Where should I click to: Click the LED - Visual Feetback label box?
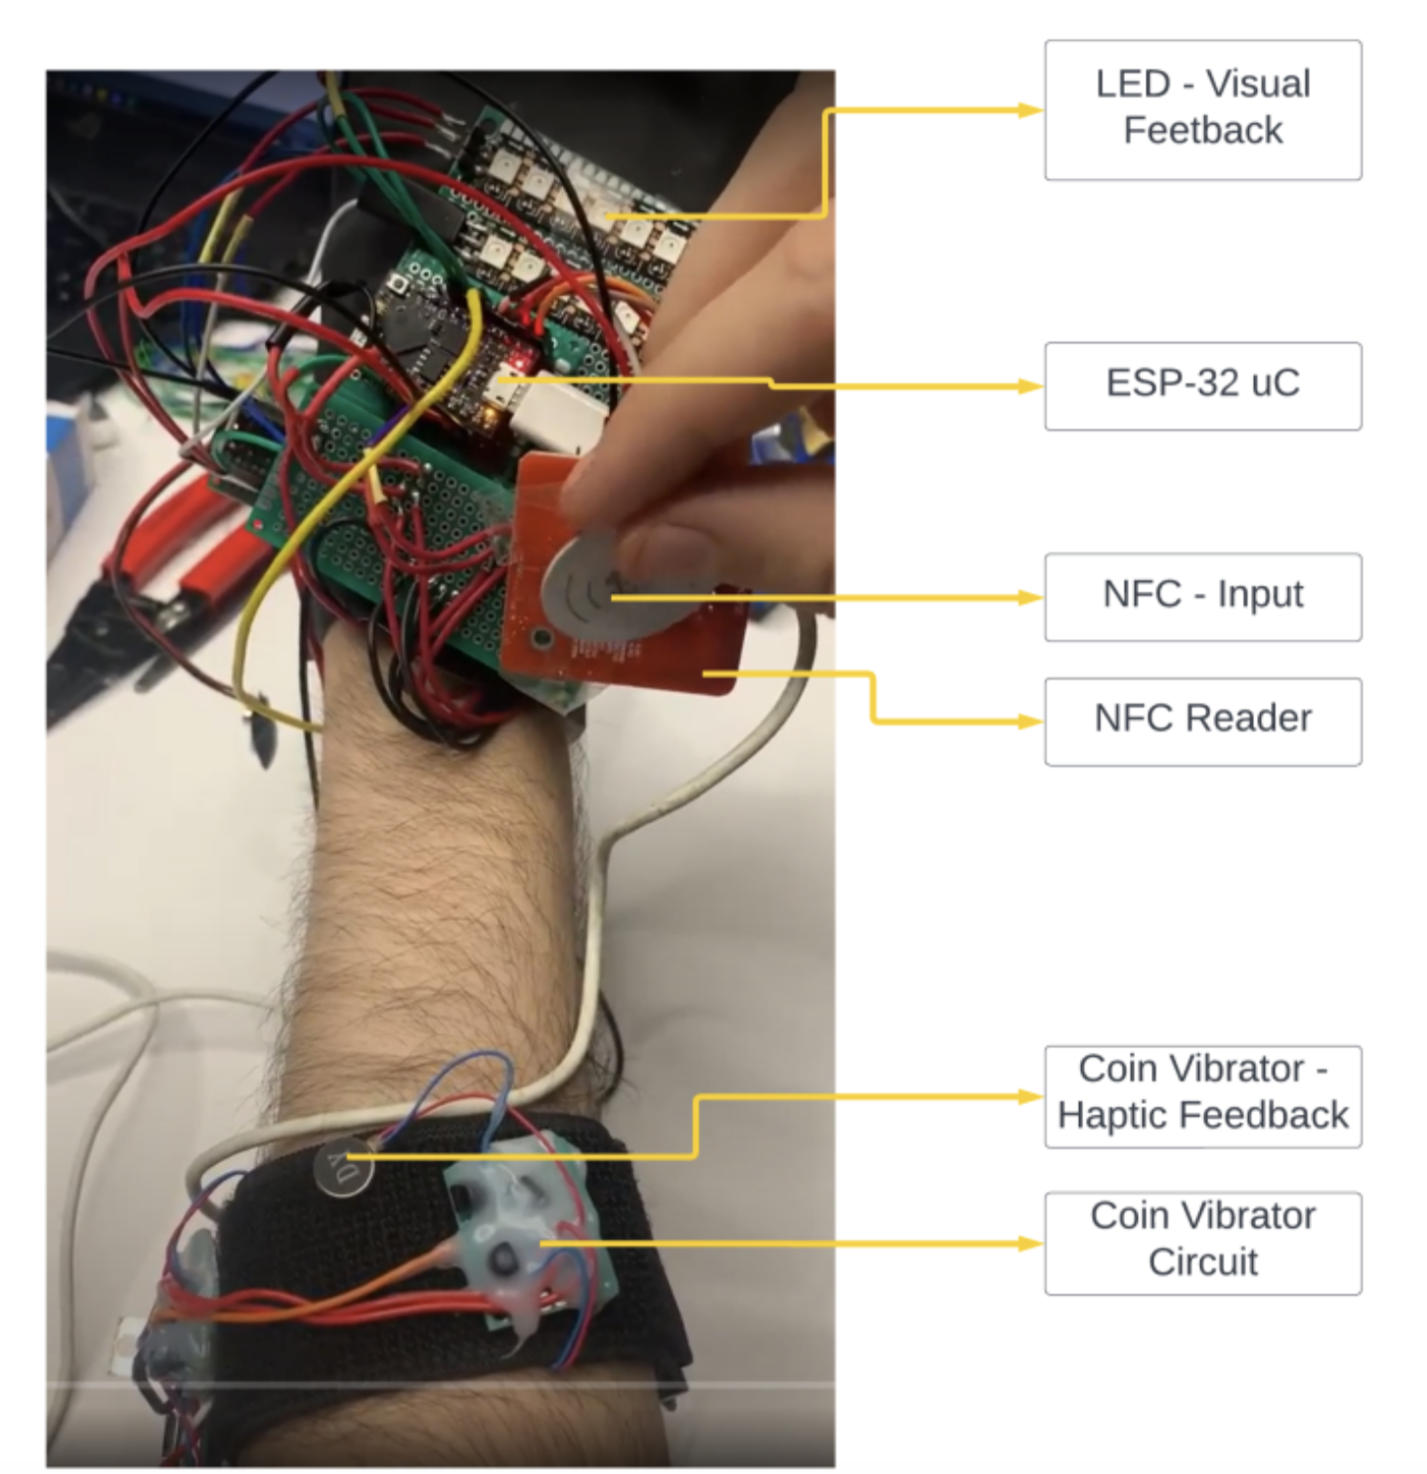point(1202,109)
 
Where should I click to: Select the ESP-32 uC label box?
point(1202,385)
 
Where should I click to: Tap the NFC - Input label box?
point(1202,596)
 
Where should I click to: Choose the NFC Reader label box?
point(1202,720)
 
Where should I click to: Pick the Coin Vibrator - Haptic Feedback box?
point(1202,1096)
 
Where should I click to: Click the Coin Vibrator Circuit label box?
point(1202,1242)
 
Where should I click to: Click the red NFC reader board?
point(684,655)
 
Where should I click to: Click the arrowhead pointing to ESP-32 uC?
point(1031,386)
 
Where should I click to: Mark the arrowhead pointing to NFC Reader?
point(1031,721)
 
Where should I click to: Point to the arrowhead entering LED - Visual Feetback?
point(1031,110)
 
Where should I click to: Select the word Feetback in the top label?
point(1202,131)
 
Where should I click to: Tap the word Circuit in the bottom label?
point(1202,1263)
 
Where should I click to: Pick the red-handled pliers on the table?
point(195,547)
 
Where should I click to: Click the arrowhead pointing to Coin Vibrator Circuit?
point(1031,1243)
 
